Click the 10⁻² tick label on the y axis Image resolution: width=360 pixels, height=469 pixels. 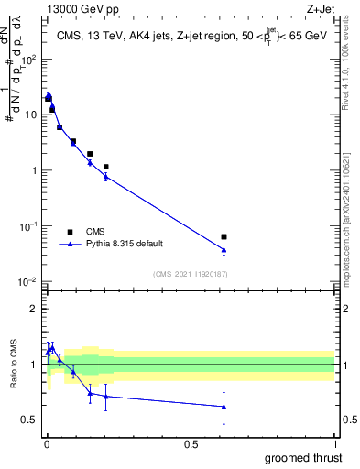pos(27,281)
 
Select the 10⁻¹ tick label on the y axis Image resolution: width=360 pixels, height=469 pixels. pos(27,225)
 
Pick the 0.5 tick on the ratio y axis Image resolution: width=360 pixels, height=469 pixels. pos(29,420)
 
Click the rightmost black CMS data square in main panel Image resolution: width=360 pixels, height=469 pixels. pos(224,236)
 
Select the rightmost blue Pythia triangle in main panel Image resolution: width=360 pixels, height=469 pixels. pos(224,249)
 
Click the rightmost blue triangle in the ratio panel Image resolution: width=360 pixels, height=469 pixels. pos(224,407)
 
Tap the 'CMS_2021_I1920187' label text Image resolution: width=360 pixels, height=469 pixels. pos(190,273)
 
